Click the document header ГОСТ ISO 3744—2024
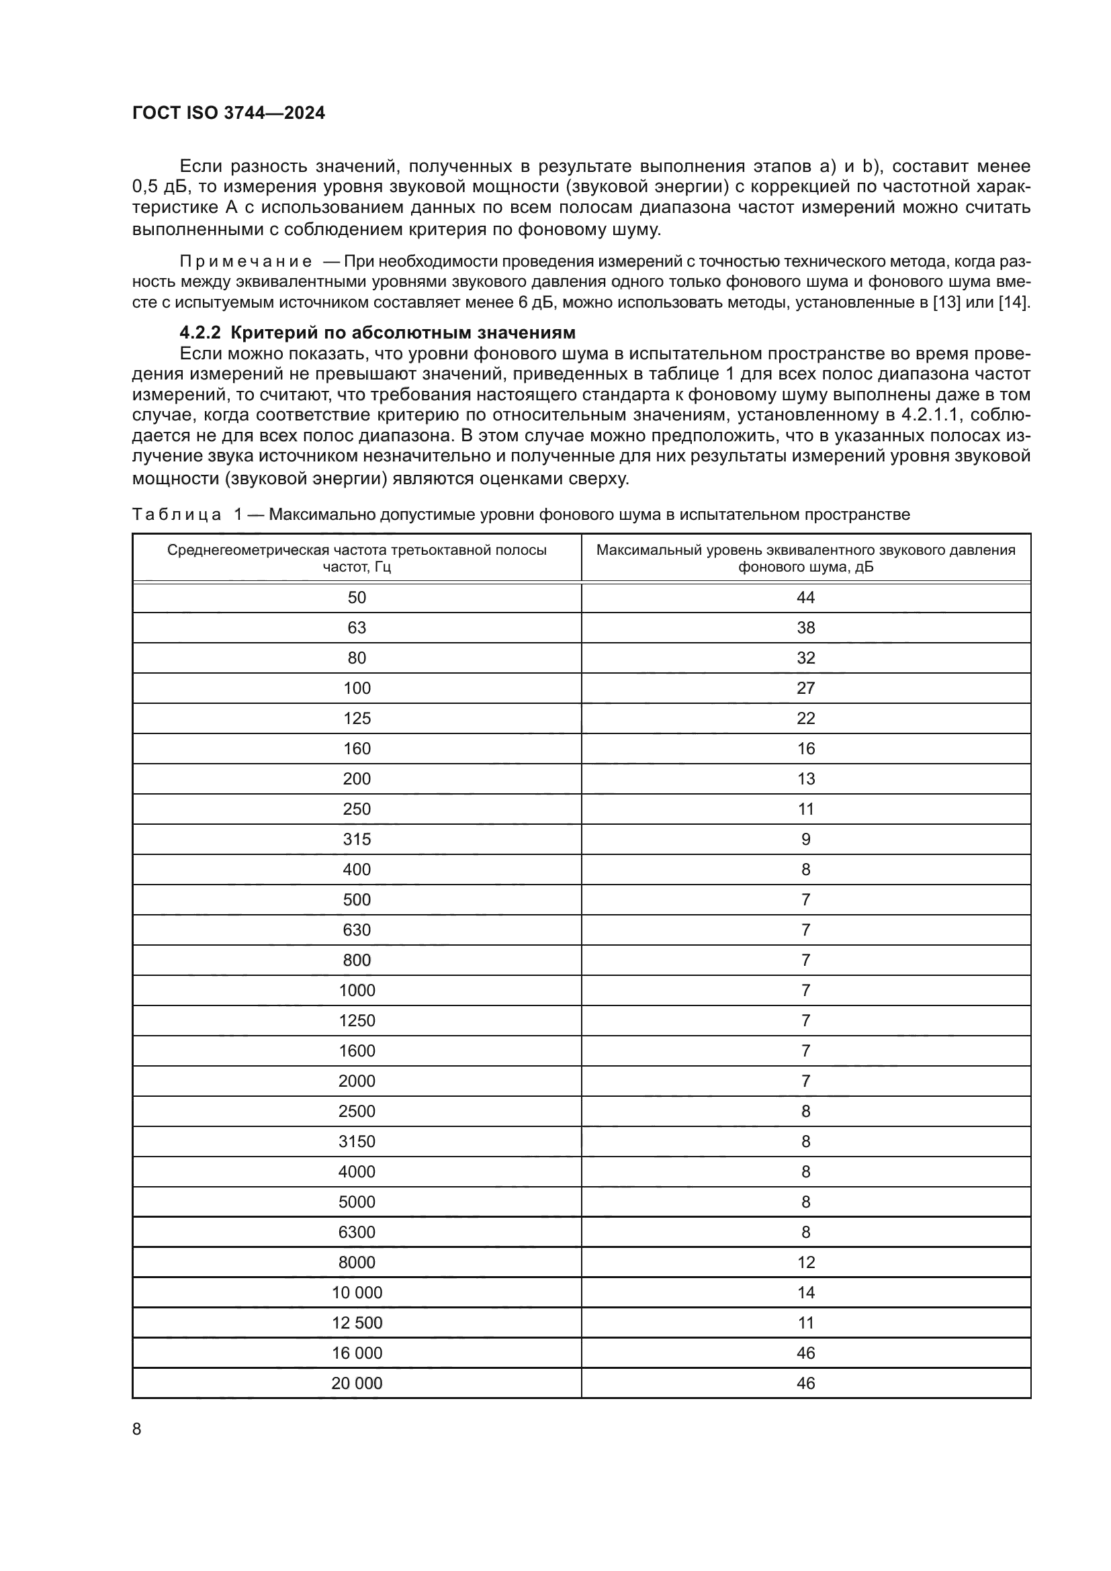tap(228, 114)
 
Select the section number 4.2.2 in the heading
tap(200, 333)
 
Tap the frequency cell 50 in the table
tap(357, 598)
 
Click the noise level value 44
tap(805, 598)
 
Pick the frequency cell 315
tap(357, 840)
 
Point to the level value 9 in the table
tap(805, 840)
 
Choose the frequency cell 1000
tap(357, 991)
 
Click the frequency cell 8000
tap(357, 1263)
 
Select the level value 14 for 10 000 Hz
tap(805, 1292)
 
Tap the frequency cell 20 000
tap(357, 1384)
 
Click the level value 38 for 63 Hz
tap(805, 628)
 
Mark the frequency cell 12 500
tap(357, 1322)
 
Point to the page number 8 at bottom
tap(137, 1429)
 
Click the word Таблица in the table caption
tap(177, 514)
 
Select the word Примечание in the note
tap(246, 261)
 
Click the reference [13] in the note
tap(947, 302)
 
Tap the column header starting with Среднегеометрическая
tap(357, 558)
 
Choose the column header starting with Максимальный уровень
tap(805, 558)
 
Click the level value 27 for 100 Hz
tap(805, 688)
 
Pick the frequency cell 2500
tap(357, 1111)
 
